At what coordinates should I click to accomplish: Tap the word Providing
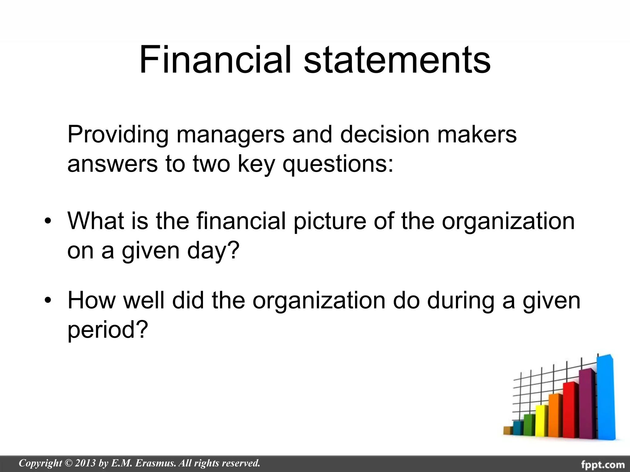click(118, 134)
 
